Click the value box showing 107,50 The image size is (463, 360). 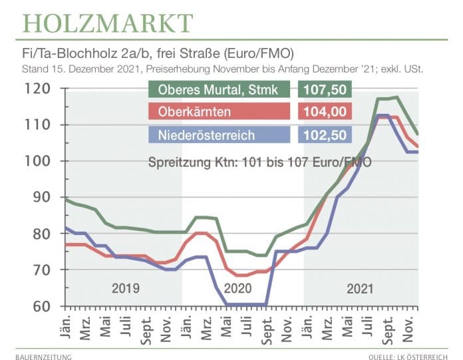tap(323, 90)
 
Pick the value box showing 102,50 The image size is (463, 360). tap(323, 136)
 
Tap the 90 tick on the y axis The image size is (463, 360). tap(37, 198)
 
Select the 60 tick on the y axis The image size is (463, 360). tap(37, 307)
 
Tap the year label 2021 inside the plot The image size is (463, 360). tap(359, 289)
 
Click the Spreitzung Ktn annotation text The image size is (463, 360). tap(259, 162)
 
